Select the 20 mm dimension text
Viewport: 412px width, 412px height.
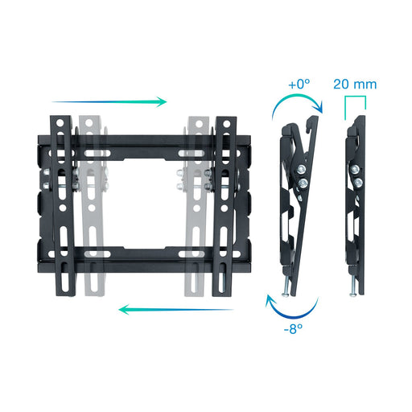click(x=354, y=83)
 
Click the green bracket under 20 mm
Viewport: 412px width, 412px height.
click(x=355, y=102)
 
